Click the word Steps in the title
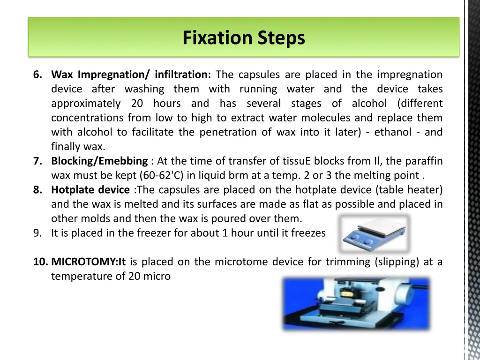point(281,38)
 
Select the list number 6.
point(37,75)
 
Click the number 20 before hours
point(137,103)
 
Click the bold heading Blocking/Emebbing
point(99,161)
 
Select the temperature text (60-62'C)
point(161,175)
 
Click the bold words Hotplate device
point(90,190)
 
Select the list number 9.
point(37,233)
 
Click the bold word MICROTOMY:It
point(89,262)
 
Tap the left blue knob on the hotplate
point(355,237)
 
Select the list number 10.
point(41,262)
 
